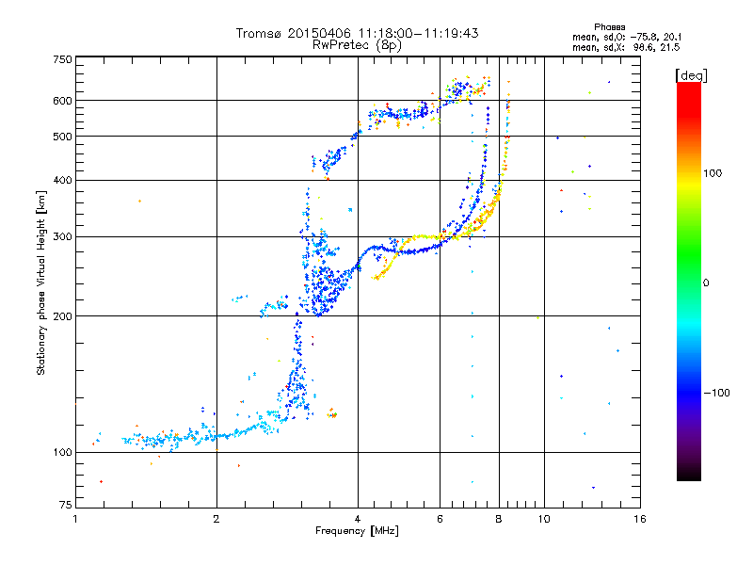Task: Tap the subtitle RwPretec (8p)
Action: [357, 44]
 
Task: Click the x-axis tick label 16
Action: [638, 519]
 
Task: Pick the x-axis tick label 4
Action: [358, 519]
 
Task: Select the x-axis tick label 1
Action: [76, 519]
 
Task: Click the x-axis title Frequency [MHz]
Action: [357, 531]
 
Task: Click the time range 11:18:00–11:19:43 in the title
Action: [415, 33]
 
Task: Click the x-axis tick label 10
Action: [543, 519]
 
